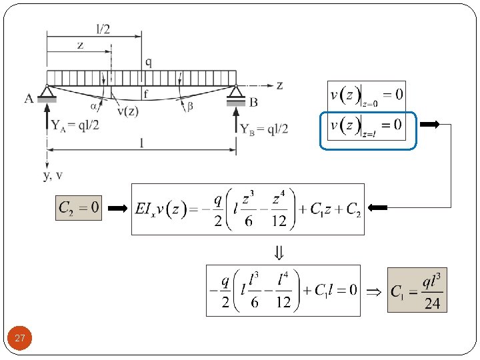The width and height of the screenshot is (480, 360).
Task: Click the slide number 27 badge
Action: click(x=20, y=339)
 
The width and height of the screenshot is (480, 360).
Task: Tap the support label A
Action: click(x=29, y=99)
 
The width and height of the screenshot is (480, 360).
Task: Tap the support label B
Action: click(x=253, y=102)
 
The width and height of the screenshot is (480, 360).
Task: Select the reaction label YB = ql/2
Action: click(x=264, y=129)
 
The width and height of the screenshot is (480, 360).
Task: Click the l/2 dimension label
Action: click(x=103, y=28)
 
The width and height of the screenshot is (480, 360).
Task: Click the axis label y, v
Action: click(x=53, y=175)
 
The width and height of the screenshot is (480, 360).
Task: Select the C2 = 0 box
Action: click(x=79, y=208)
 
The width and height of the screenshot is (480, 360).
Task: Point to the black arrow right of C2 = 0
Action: click(x=117, y=209)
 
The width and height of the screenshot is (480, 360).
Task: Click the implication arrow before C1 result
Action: click(x=374, y=291)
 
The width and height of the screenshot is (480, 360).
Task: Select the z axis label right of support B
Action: click(x=279, y=85)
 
